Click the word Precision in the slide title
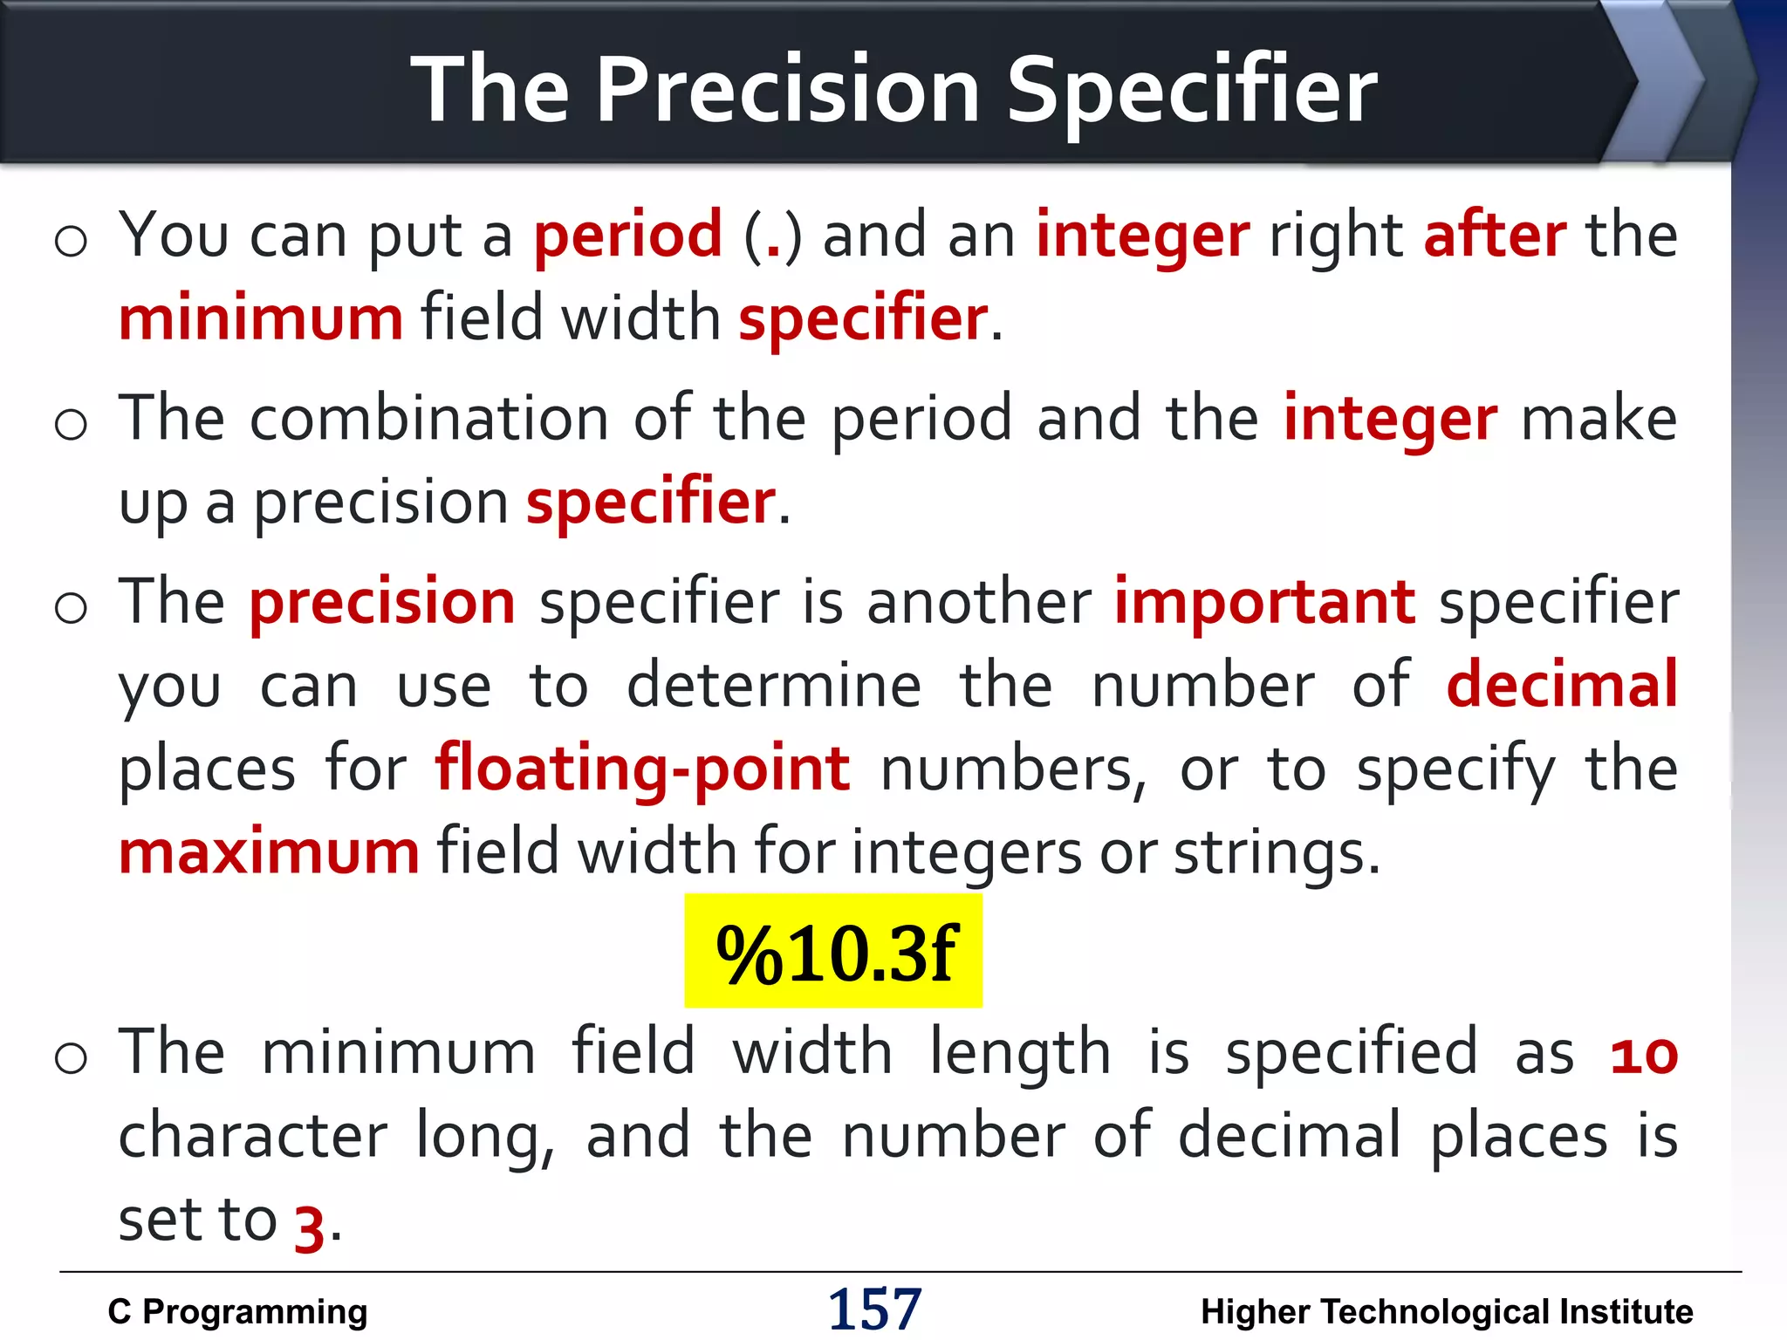pyautogui.click(x=788, y=90)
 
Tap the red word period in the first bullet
pyautogui.click(x=627, y=236)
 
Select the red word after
pyautogui.click(x=1495, y=236)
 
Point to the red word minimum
pyautogui.click(x=261, y=318)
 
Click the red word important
pyautogui.click(x=1264, y=602)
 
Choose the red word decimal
pyautogui.click(x=1562, y=685)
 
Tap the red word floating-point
pyautogui.click(x=643, y=769)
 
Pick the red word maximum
pyautogui.click(x=269, y=851)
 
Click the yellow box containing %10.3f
pyautogui.click(x=833, y=951)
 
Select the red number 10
pyautogui.click(x=1644, y=1055)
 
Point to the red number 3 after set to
pyautogui.click(x=309, y=1227)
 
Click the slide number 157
pyautogui.click(x=874, y=1309)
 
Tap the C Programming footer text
pyautogui.click(x=237, y=1311)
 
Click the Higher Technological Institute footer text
pyautogui.click(x=1447, y=1311)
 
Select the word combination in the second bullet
pyautogui.click(x=429, y=419)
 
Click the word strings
pyautogui.click(x=1276, y=851)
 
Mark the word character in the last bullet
pyautogui.click(x=253, y=1136)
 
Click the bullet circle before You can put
pyautogui.click(x=71, y=241)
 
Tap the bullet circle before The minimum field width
pyautogui.click(x=71, y=1058)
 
